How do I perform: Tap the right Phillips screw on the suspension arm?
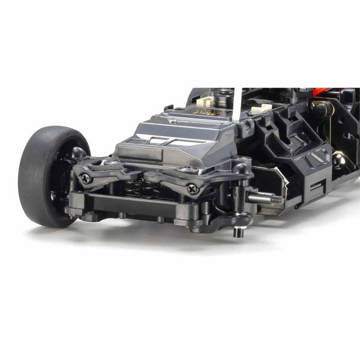click(x=193, y=188)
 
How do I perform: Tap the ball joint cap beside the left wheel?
click(x=79, y=153)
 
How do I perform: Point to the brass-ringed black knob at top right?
click(x=321, y=109)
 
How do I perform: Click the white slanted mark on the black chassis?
click(x=315, y=157)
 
